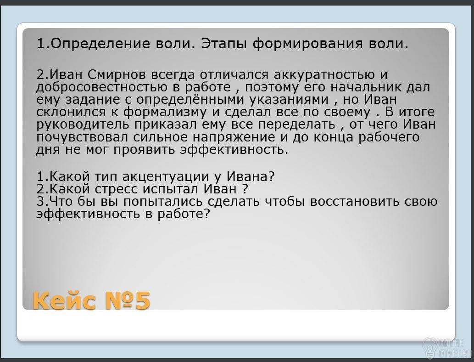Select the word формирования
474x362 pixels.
(307, 44)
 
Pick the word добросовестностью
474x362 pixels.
(102, 88)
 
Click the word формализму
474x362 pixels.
(165, 113)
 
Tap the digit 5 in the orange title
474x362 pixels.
(143, 301)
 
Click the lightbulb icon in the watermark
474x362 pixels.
(429, 346)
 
